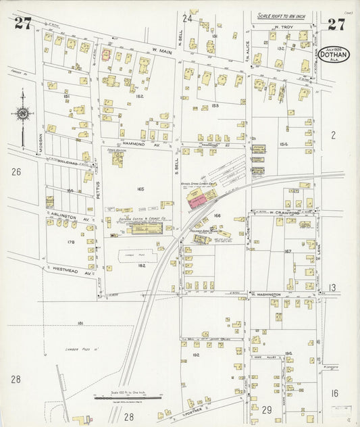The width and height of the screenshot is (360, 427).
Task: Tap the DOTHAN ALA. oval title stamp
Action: (335, 53)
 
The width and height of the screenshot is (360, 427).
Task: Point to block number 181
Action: (80, 324)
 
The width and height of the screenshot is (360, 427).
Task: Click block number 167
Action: (288, 251)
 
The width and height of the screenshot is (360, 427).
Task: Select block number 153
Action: (215, 106)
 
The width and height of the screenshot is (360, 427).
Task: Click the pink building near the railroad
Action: (199, 199)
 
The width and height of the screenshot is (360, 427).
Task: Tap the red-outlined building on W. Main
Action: (106, 55)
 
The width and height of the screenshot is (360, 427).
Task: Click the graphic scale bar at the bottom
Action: (128, 398)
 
